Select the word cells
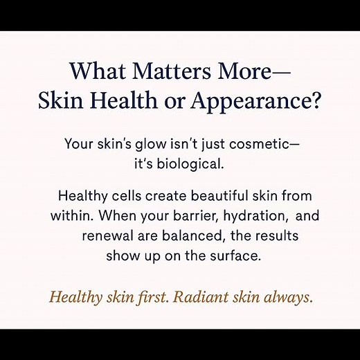coord(124,196)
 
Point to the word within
coord(69,216)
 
